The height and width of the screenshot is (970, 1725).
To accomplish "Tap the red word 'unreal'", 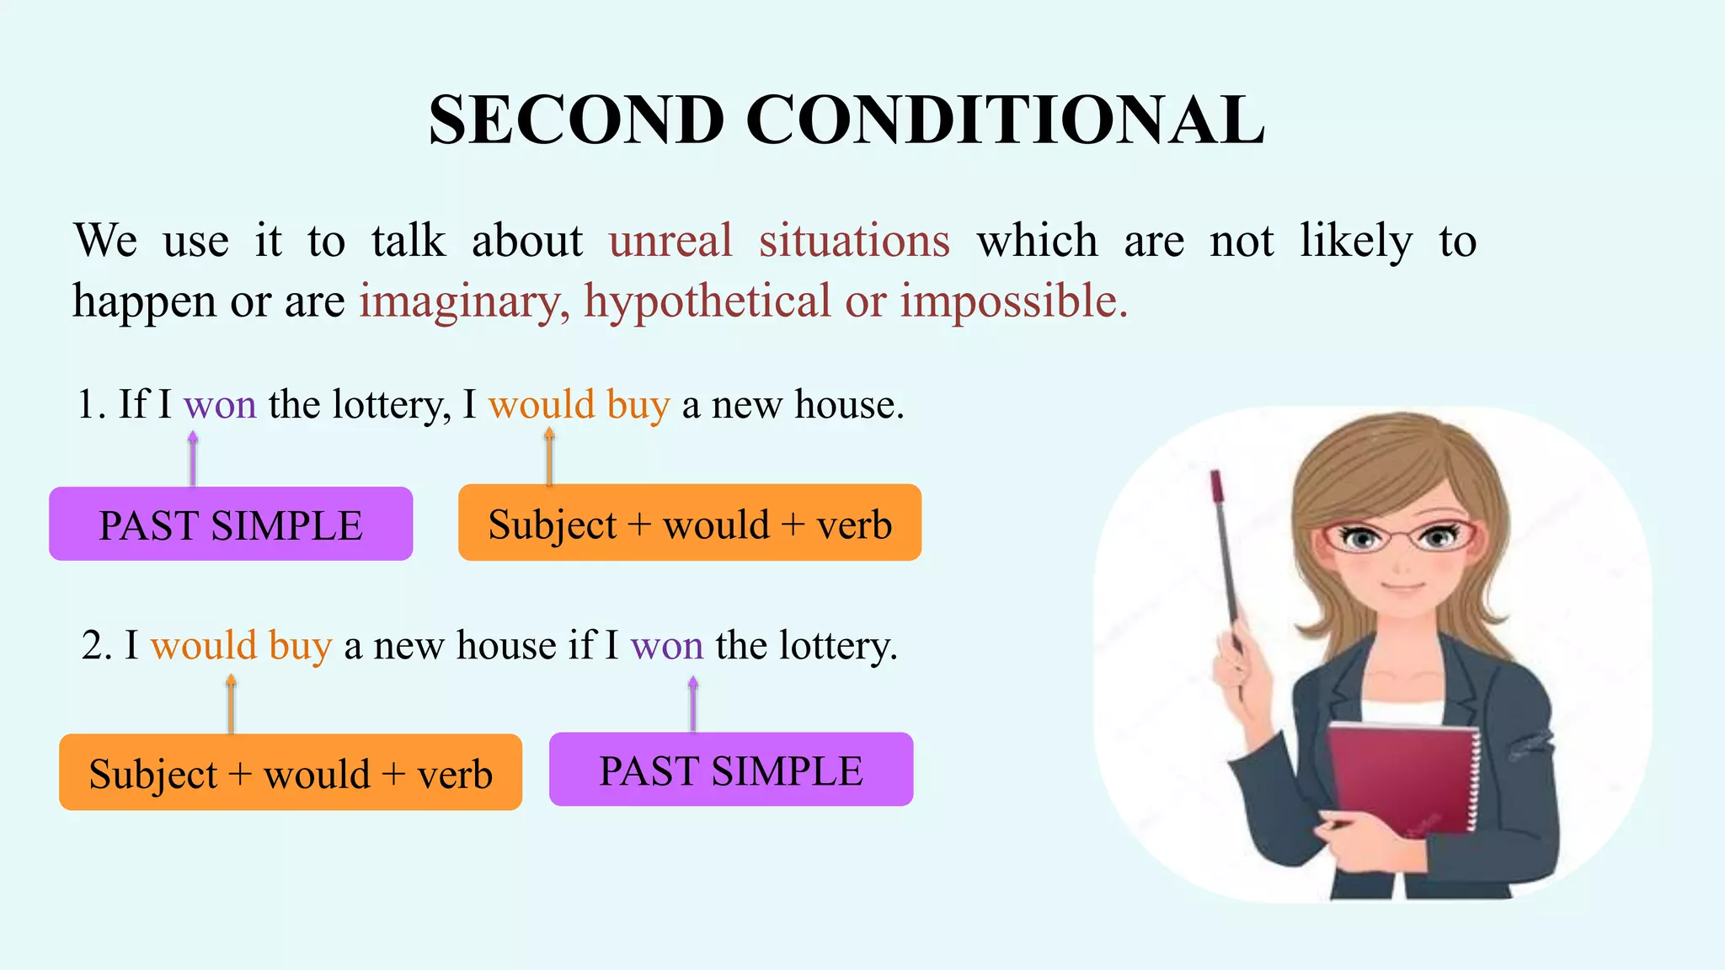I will click(x=670, y=241).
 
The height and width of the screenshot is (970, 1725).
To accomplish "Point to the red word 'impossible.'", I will click(x=1013, y=301).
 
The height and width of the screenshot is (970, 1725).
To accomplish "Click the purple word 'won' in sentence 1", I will click(x=220, y=405).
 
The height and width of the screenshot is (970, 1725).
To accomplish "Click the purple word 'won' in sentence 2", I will click(x=666, y=647).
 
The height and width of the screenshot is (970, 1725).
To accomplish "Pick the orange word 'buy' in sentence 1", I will click(x=638, y=406).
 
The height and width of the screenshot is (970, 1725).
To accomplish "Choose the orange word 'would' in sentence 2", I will click(x=203, y=647).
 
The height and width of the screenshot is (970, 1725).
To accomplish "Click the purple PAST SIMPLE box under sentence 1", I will click(x=231, y=524).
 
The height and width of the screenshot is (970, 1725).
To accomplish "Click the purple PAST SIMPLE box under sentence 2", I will click(x=730, y=770).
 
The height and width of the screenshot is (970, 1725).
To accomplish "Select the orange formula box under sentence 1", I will click(x=689, y=523).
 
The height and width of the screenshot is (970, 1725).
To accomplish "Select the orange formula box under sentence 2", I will click(x=290, y=772).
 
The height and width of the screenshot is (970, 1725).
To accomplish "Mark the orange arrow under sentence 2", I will click(x=231, y=704).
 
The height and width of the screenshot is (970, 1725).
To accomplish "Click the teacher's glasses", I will click(x=1400, y=536).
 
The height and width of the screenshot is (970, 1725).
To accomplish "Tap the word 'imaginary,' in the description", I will click(x=464, y=301).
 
